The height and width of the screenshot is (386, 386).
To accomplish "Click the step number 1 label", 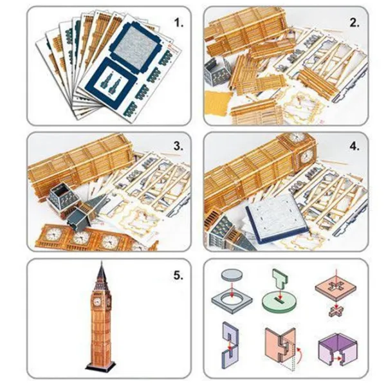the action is click(x=178, y=23).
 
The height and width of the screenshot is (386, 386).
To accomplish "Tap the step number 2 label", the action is click(x=354, y=23).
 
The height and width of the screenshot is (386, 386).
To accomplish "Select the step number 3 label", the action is click(x=178, y=146).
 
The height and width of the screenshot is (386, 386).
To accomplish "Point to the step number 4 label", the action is click(x=354, y=146).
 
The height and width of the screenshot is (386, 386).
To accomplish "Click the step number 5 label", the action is click(x=178, y=275).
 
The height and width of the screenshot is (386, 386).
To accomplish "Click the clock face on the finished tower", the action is click(x=97, y=302).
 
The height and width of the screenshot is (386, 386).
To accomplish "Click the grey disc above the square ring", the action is click(x=232, y=275).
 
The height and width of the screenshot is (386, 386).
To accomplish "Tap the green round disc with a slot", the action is click(x=280, y=302).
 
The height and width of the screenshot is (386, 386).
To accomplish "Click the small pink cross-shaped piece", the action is click(x=336, y=311).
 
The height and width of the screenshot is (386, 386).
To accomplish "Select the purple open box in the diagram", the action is click(x=338, y=348).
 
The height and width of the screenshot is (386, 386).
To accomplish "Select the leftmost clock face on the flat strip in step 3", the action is click(x=53, y=234).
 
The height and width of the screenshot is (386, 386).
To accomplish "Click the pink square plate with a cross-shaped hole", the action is click(x=336, y=288).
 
